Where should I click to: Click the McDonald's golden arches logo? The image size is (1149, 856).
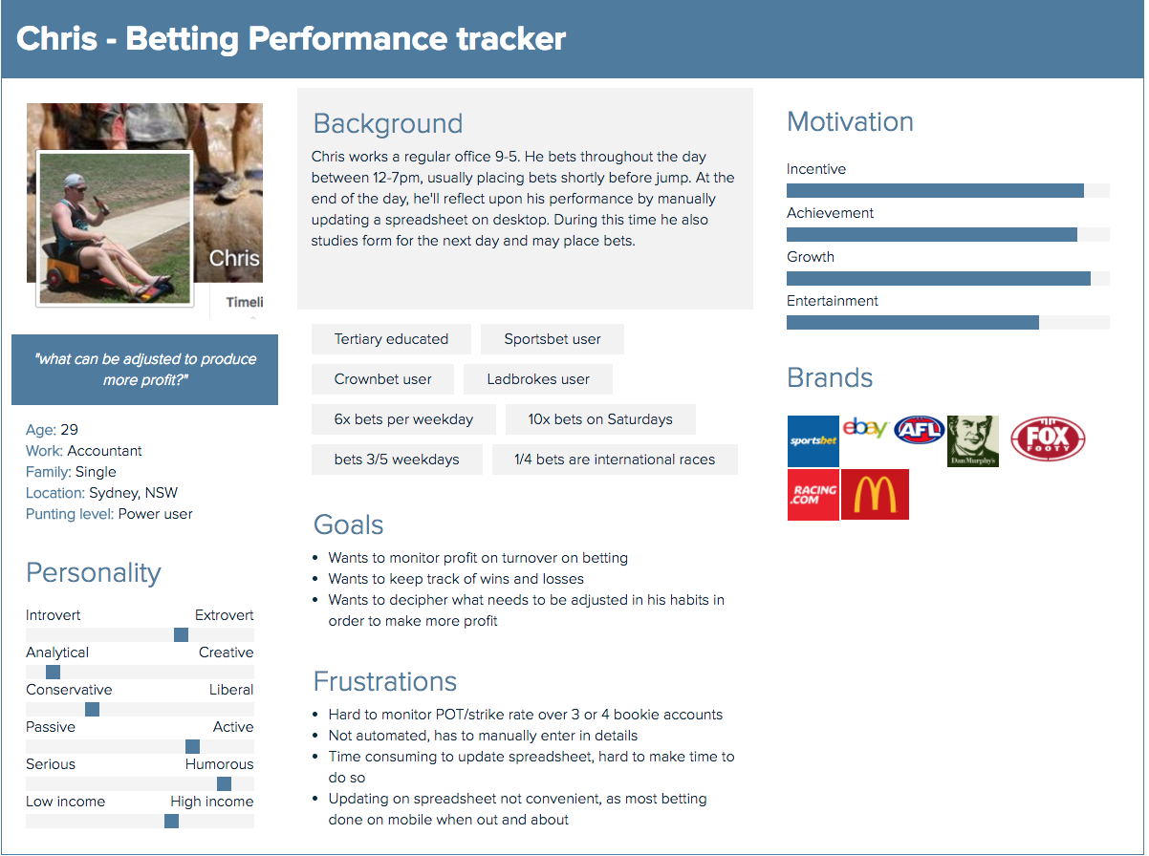click(x=875, y=494)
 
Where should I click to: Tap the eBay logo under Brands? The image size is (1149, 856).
click(x=865, y=428)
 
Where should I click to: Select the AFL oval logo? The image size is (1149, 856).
click(x=919, y=429)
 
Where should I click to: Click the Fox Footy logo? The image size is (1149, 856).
click(x=1048, y=439)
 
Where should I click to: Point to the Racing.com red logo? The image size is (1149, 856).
click(x=813, y=494)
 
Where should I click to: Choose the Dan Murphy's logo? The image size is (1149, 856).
click(x=972, y=440)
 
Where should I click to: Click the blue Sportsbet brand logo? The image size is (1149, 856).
click(x=813, y=440)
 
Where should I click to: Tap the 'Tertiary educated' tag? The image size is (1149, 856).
click(x=391, y=339)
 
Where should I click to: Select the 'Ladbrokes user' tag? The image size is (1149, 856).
click(x=538, y=379)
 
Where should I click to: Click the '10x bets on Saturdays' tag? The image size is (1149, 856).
click(x=600, y=419)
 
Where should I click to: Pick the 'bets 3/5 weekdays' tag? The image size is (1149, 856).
click(x=397, y=460)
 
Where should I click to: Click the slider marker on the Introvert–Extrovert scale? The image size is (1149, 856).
click(x=181, y=634)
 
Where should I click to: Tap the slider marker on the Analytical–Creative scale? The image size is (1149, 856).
click(x=53, y=672)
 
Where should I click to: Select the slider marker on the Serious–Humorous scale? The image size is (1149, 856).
click(x=224, y=783)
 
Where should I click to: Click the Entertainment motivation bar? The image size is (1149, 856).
click(x=912, y=323)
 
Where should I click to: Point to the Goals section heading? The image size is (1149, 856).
click(x=348, y=524)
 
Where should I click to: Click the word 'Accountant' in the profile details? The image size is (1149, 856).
click(x=104, y=451)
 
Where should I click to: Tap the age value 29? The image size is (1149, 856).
click(x=69, y=430)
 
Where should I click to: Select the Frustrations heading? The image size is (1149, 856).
click(x=384, y=681)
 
